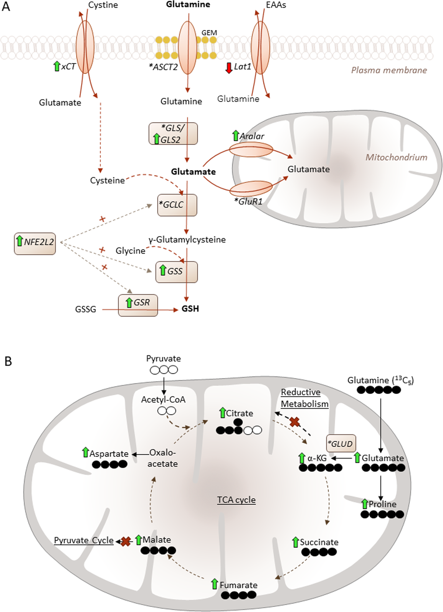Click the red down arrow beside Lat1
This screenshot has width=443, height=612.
pos(229,68)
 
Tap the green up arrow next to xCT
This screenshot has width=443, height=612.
pos(57,66)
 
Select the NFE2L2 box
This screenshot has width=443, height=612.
pos(35,244)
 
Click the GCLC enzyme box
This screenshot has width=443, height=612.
pos(177,205)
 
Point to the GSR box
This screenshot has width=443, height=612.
pos(138,305)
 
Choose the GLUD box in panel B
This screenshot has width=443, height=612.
pos(341,443)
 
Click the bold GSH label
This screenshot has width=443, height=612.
pos(190,309)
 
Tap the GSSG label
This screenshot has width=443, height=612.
pos(86,309)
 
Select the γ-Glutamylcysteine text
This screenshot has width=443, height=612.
pos(187,240)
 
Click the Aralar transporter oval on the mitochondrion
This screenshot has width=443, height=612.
pos(251,150)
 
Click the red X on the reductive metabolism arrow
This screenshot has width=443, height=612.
pos(295,422)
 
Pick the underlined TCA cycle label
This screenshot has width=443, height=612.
pos(236,500)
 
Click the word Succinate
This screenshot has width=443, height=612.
pos(319,542)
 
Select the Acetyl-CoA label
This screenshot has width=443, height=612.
pos(163,400)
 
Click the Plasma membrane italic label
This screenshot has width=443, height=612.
pos(389,71)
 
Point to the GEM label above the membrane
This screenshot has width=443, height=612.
pos(209,33)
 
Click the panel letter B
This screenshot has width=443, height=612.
pos(8,362)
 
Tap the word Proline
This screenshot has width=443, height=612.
pos(382,504)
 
